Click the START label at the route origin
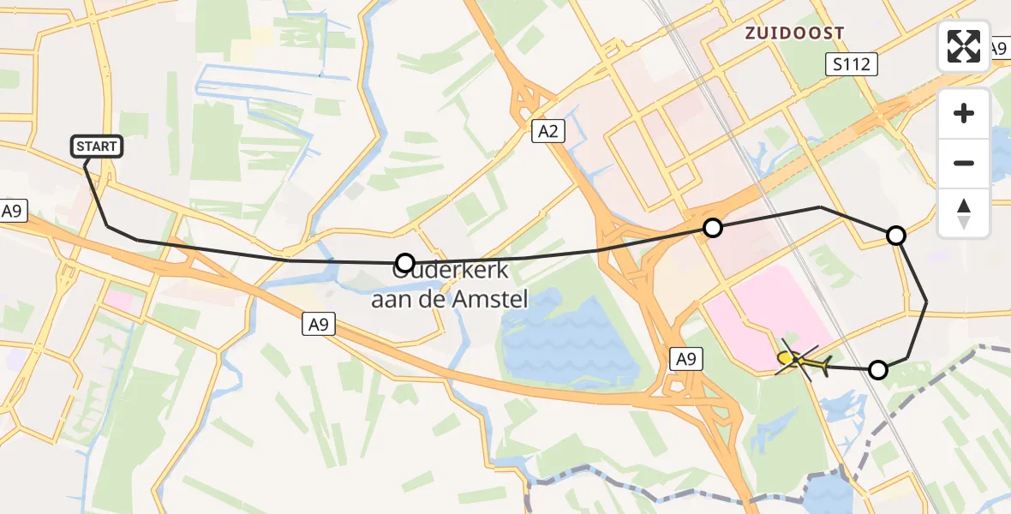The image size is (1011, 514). point(97,146)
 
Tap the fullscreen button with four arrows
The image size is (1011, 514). point(964,45)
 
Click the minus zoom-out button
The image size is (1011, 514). point(964,163)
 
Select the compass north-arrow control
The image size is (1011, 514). point(964,212)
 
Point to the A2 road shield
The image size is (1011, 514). point(548,131)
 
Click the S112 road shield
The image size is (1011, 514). point(851,63)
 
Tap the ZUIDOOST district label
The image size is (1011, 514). point(794,33)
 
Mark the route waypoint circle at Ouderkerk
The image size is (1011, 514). point(406,262)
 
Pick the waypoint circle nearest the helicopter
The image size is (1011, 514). point(877,370)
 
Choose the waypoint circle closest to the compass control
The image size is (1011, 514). point(895,235)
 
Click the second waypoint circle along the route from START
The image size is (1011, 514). point(712,227)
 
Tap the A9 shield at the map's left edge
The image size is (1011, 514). point(12,212)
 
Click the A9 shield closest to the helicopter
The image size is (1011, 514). point(685,360)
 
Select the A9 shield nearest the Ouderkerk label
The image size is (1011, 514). point(319,324)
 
